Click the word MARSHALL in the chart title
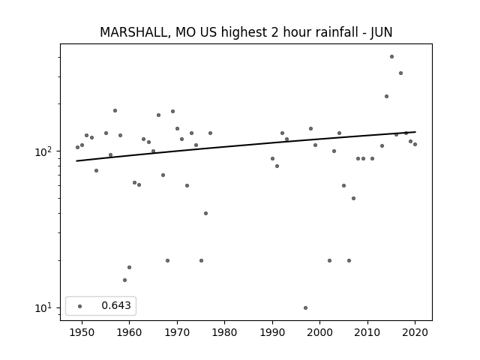(x=133, y=32)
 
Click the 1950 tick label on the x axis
(x=82, y=332)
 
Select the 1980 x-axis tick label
(x=225, y=332)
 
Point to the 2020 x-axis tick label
(x=415, y=332)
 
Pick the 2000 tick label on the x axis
(x=320, y=332)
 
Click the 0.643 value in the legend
(x=116, y=305)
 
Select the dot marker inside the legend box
(x=80, y=306)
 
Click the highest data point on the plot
(x=391, y=57)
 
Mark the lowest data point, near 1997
(x=305, y=307)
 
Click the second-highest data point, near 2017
(x=400, y=73)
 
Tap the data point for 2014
(x=387, y=97)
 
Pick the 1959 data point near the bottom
(x=124, y=280)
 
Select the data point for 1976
(x=205, y=213)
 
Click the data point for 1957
(x=115, y=110)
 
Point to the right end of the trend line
(x=415, y=132)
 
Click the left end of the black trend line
(x=76, y=161)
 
